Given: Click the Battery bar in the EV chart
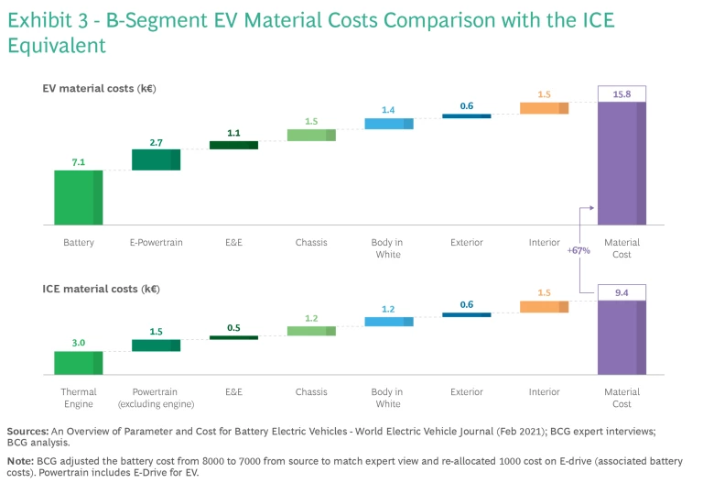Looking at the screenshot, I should (78, 197).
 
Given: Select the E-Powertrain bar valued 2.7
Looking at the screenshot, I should (156, 159).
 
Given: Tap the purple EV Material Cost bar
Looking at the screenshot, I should (622, 163).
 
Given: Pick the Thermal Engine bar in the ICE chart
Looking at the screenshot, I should (78, 363).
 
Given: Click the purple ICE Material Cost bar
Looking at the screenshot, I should (622, 337).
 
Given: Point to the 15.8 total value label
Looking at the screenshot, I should (622, 93).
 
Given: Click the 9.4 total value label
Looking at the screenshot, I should (622, 293).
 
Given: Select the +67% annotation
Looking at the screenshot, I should (579, 249).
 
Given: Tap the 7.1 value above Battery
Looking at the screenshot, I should (78, 162).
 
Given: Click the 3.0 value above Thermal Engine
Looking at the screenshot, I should (78, 343).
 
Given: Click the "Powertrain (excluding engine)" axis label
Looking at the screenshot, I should (156, 398).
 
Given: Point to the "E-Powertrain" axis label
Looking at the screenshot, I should (156, 243).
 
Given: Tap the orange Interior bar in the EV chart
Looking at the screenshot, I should (544, 108).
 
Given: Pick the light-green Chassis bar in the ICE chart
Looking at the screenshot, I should (311, 331).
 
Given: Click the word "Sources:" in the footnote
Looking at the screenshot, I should (28, 431).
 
